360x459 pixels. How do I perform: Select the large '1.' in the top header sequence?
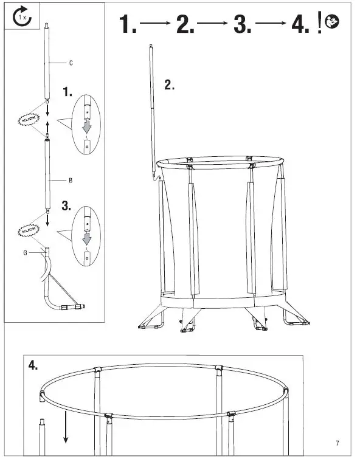point(128,24)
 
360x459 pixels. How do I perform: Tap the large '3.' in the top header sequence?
point(242,24)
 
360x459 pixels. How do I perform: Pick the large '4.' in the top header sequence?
point(300,24)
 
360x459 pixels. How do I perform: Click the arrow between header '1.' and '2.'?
point(155,24)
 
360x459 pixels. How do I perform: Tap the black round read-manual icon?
point(333,23)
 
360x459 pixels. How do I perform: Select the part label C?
point(71,63)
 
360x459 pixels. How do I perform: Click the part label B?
point(71,181)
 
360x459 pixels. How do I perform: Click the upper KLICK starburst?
point(27,119)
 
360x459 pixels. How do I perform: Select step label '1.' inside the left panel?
point(67,92)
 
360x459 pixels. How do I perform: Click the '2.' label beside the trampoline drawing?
point(170,85)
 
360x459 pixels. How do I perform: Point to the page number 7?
point(337,441)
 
